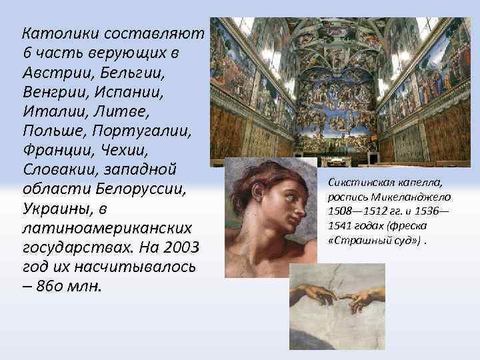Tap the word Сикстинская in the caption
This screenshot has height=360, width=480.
click(359, 183)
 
